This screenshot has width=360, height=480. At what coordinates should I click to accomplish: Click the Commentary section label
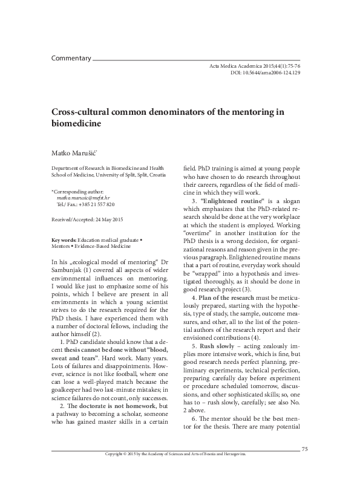coord(71,59)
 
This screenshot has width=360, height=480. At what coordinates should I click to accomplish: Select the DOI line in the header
coord(266,72)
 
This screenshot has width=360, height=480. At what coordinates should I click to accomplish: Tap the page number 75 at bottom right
coord(305,465)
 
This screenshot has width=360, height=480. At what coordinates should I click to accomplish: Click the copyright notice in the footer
coord(176,471)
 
